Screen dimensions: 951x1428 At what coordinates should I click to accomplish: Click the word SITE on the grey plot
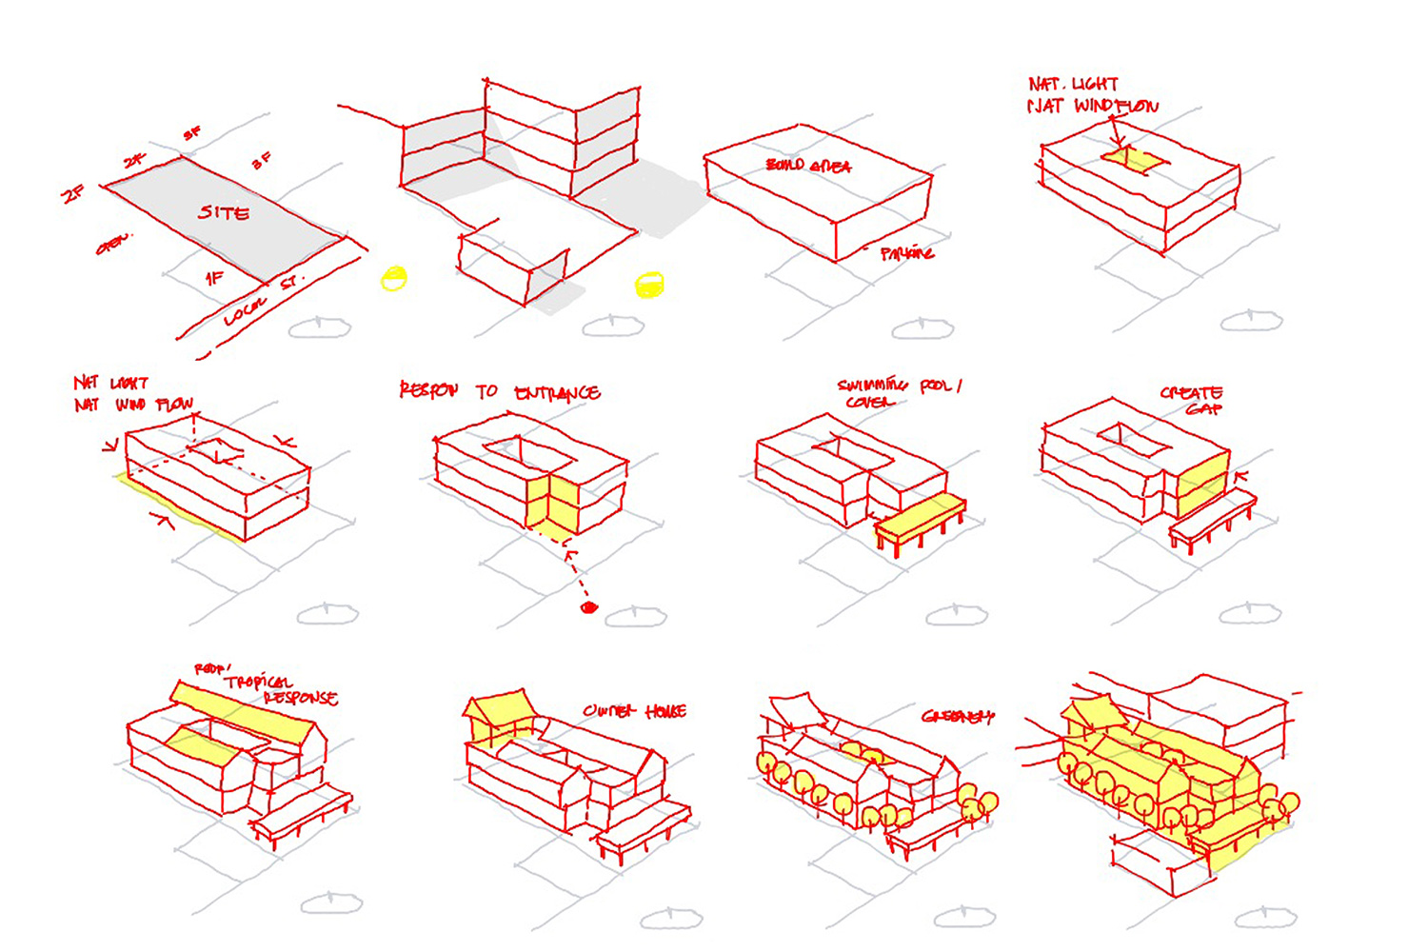click(224, 212)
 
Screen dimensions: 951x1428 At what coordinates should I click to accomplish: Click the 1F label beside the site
click(214, 278)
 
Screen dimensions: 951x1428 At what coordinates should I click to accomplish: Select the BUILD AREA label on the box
click(808, 166)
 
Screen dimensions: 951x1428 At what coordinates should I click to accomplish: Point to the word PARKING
click(906, 253)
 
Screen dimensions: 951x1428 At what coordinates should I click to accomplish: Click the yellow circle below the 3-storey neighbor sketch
click(649, 284)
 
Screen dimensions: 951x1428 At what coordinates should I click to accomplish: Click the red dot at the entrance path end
click(588, 607)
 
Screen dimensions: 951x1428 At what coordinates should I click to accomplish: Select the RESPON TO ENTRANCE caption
click(499, 391)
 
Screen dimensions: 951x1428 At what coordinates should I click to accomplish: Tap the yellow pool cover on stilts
click(919, 519)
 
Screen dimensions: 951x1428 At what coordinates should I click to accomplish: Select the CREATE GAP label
click(1193, 400)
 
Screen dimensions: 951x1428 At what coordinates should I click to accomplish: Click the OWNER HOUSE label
click(634, 711)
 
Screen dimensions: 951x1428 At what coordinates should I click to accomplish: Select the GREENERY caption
click(956, 716)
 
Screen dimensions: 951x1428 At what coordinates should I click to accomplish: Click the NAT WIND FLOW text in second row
click(133, 405)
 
